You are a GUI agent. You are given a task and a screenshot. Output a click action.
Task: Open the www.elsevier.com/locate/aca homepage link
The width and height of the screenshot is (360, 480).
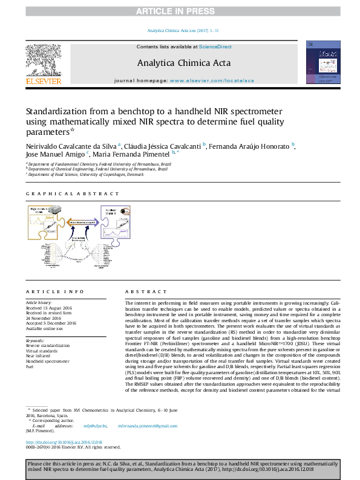(x=212, y=80)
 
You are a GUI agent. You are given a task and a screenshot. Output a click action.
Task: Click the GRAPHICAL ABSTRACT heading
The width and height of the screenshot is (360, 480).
(x=73, y=194)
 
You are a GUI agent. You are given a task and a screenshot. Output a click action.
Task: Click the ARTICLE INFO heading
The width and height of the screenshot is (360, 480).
(x=51, y=291)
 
